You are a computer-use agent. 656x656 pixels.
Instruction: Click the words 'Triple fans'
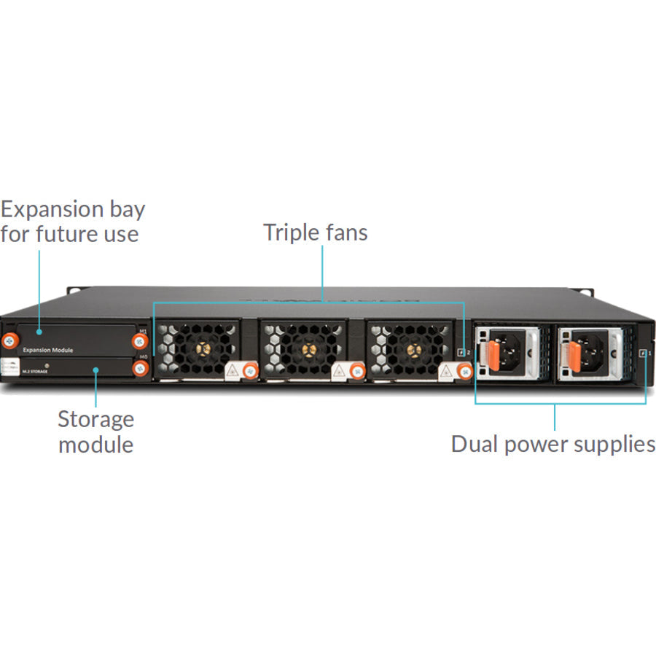point(315,233)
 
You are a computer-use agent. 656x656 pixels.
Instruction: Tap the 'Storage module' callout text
point(95,431)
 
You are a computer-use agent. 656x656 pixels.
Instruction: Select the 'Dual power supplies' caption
point(553,443)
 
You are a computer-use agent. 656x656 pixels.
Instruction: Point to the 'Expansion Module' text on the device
point(47,350)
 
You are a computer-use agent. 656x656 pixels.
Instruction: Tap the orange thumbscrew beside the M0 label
point(141,369)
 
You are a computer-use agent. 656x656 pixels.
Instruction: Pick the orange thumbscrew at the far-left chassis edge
point(10,340)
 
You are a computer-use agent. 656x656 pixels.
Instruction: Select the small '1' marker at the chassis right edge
point(643,353)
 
